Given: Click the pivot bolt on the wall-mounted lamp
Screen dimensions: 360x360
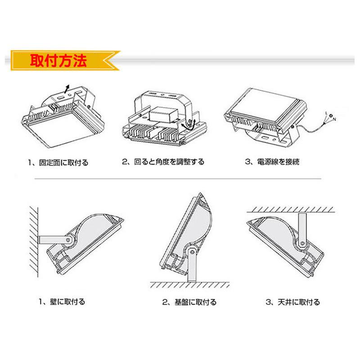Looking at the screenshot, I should pyautogui.click(x=69, y=240).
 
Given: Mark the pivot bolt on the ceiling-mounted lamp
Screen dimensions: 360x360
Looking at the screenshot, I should pyautogui.click(x=301, y=243).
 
